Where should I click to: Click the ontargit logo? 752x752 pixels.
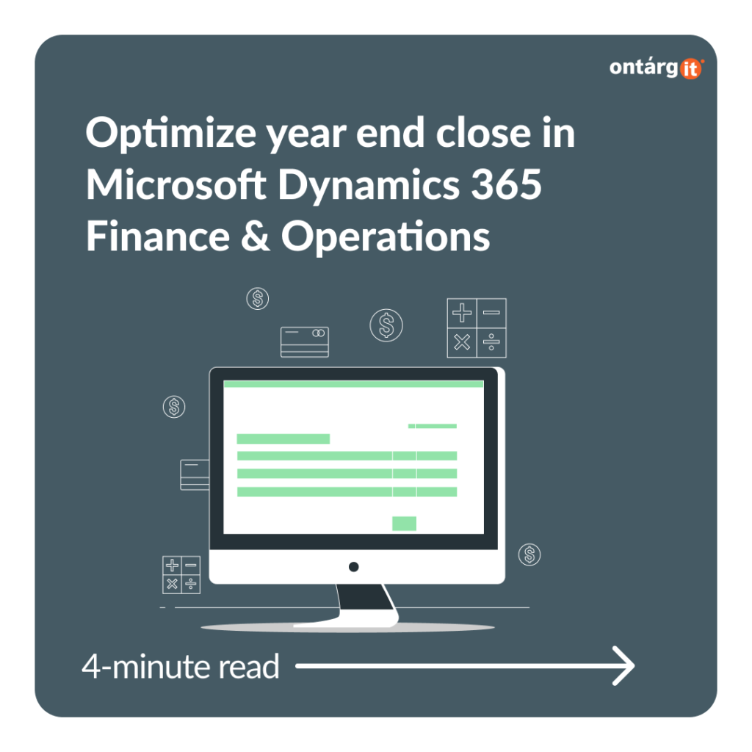point(656,68)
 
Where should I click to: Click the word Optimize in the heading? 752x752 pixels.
point(170,134)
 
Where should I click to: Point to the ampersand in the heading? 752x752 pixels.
point(255,236)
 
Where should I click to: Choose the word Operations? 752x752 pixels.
point(386,237)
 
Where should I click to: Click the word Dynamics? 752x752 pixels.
point(369,186)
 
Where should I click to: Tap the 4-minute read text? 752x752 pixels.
point(181,666)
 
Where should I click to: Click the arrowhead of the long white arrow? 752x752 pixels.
point(623,665)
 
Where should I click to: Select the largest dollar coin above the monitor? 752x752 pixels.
point(386,325)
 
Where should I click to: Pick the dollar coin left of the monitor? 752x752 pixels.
point(174,407)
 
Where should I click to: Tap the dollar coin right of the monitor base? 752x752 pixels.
point(529,554)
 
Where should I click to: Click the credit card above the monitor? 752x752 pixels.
point(305,342)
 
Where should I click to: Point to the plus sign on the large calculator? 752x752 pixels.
point(462,313)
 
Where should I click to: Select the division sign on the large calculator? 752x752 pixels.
point(491,342)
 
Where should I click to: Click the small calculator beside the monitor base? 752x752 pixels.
point(181,574)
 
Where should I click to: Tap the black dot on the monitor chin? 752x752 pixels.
point(354,567)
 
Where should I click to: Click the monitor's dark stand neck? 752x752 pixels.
point(364,597)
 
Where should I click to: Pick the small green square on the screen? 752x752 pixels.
point(405,523)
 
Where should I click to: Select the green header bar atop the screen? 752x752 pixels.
point(353,383)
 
